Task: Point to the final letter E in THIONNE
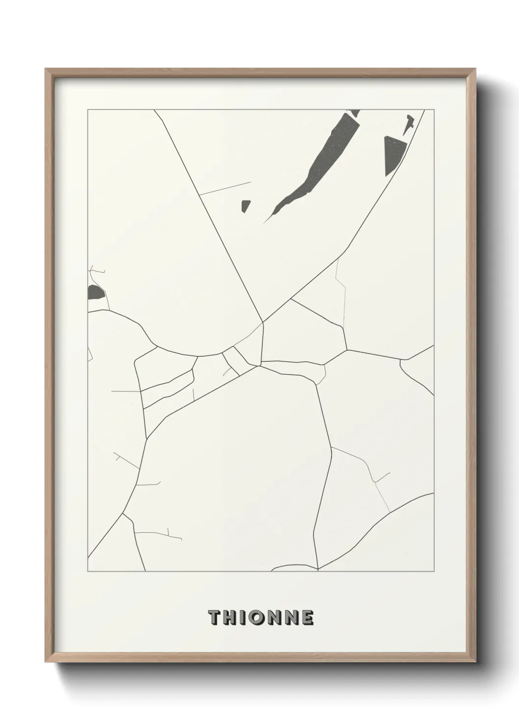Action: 308,618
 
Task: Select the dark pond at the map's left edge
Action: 95,293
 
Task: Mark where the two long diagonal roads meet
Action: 263,322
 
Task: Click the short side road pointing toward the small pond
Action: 225,189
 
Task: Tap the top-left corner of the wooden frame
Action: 46,69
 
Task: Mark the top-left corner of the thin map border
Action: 88,110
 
